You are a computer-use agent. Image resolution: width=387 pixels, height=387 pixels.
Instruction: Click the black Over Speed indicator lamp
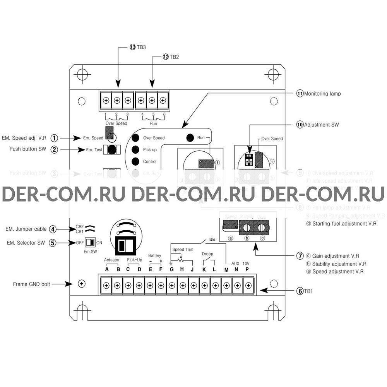tap(135, 138)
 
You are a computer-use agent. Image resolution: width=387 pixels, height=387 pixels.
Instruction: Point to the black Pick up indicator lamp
tap(135, 150)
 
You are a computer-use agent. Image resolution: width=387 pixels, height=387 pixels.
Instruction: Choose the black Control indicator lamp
tap(135, 161)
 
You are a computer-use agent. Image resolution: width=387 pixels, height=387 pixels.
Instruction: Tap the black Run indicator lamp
tap(190, 137)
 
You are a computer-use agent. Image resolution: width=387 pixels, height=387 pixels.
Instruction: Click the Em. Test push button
tap(112, 150)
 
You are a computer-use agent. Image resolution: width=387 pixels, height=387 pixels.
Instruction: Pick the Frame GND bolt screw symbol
tap(81, 284)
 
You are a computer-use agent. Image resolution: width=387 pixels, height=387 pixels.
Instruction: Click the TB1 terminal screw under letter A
tap(106, 286)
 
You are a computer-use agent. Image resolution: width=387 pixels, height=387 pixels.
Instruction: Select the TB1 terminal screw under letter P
tap(248, 286)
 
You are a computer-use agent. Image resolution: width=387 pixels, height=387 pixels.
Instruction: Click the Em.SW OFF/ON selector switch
tap(90, 243)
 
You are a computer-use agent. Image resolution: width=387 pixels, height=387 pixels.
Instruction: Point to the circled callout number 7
tap(300, 256)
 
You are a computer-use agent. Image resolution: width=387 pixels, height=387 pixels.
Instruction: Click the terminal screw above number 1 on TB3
tap(106, 101)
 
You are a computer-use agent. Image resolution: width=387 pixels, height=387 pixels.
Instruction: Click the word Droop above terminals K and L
tap(207, 254)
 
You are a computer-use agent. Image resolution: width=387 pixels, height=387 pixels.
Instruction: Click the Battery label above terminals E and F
tap(155, 256)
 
